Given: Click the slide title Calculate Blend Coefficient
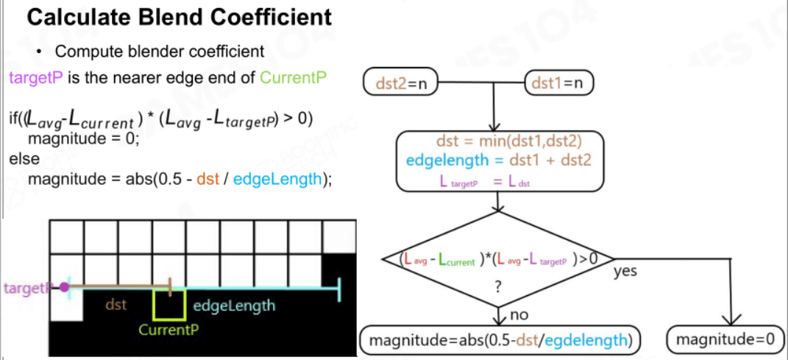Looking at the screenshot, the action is coord(179,18).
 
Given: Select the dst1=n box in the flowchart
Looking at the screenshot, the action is coord(559,83).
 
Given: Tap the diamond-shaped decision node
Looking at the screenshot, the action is coord(497,259).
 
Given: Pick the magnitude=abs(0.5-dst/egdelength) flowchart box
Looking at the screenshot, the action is coord(500,340).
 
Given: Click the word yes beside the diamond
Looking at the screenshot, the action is coord(625,272).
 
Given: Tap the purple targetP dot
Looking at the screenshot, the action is coord(64,288).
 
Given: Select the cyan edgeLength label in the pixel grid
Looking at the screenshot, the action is coord(234,306).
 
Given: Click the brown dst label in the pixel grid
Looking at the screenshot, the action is coord(116,305).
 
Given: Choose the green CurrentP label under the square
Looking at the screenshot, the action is coord(168,331).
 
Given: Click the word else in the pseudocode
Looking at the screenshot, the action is coord(24,158).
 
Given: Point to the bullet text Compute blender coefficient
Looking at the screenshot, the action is coord(160,52).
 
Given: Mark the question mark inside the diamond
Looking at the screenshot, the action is coord(498,287).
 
